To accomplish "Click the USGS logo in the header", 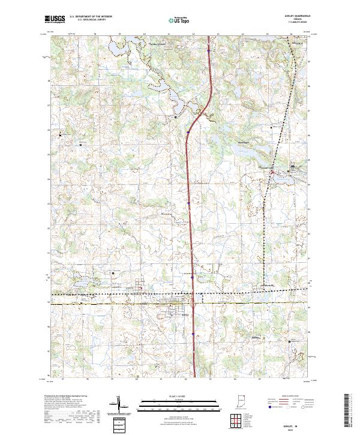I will click(55, 19).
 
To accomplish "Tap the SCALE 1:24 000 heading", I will click(179, 395).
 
